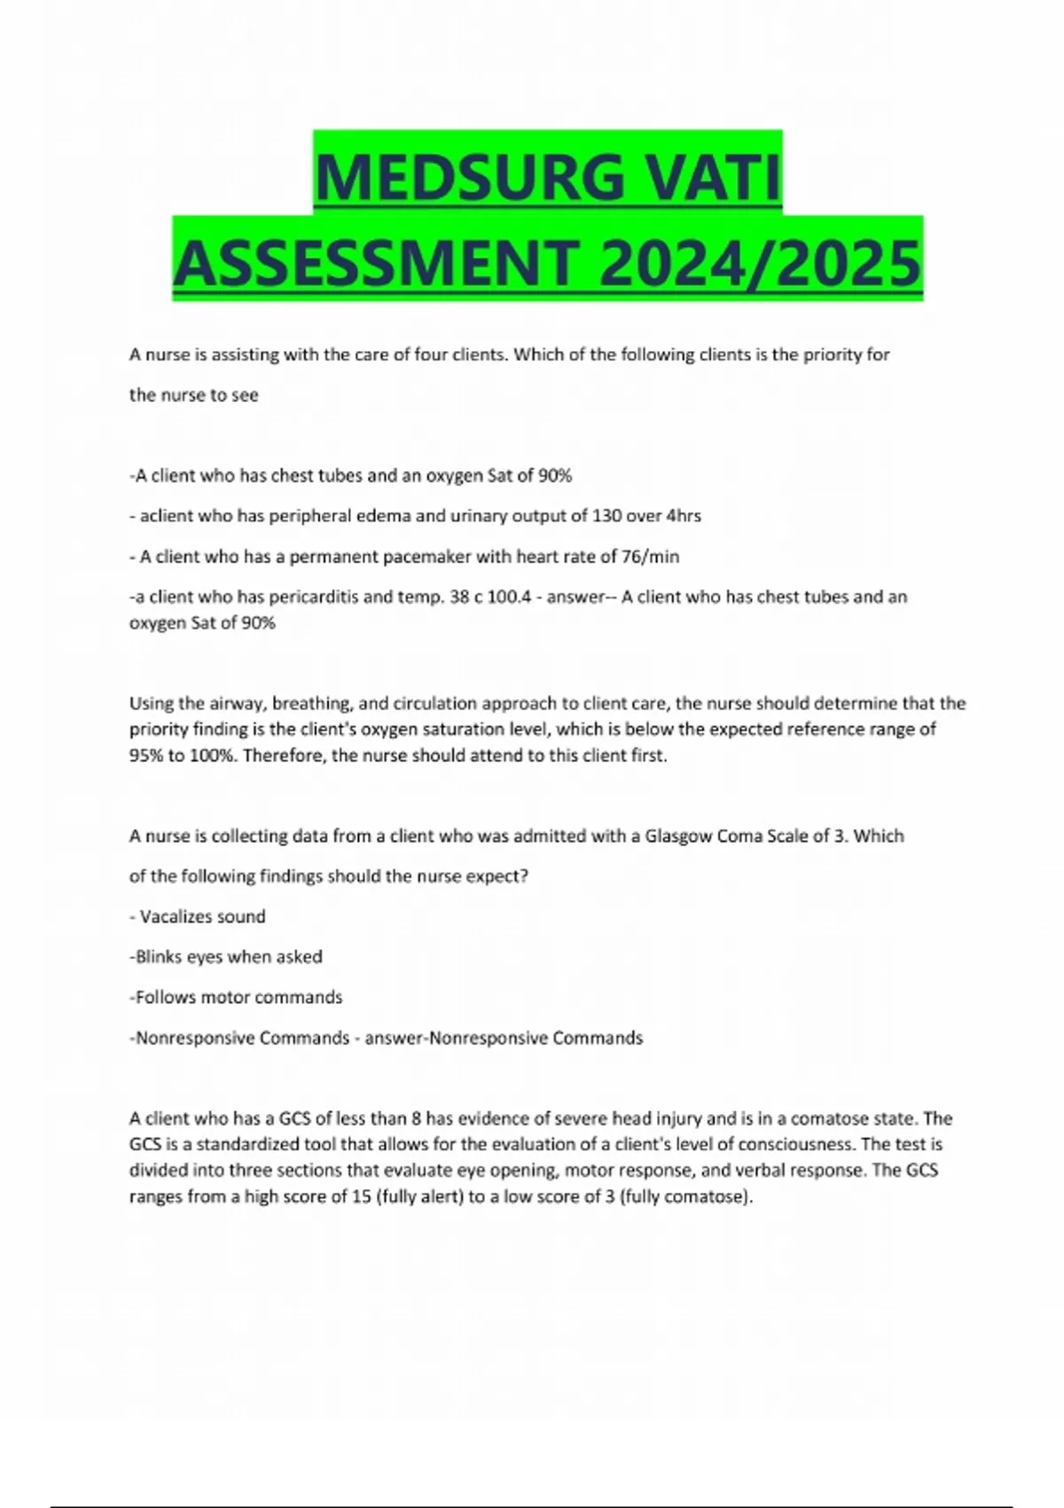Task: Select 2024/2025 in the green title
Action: tap(760, 263)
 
